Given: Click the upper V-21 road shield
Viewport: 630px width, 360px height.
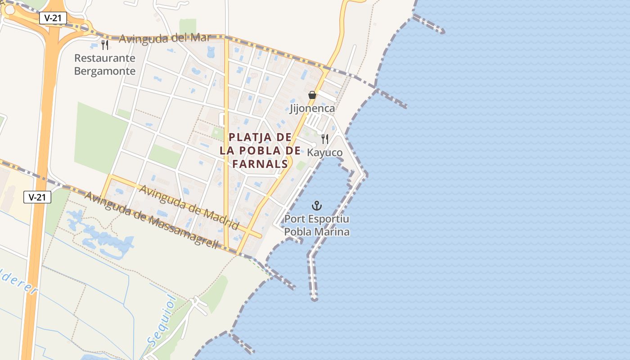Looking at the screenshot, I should coord(53,18).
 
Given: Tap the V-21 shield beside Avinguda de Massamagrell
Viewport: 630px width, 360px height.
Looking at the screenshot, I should coord(37,197).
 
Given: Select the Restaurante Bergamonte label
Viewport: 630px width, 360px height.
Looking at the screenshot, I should coord(105,64).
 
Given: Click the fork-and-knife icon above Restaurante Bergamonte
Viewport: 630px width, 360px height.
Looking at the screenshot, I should coord(105,45).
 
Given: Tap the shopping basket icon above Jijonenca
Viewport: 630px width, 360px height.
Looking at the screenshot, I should coord(312,95).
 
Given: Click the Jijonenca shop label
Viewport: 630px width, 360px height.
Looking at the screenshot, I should coord(312,108).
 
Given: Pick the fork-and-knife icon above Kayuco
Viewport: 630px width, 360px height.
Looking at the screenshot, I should coord(325,139).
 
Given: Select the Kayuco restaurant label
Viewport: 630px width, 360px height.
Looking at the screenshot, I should coord(324,153).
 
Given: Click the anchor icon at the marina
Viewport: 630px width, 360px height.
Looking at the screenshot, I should coord(317,206).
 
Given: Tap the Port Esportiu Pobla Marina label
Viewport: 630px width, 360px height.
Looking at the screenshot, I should coord(317,226).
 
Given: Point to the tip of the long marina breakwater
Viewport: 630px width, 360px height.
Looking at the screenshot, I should coord(314,298).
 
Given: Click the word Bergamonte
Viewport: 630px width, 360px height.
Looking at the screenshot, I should coord(105,71).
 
